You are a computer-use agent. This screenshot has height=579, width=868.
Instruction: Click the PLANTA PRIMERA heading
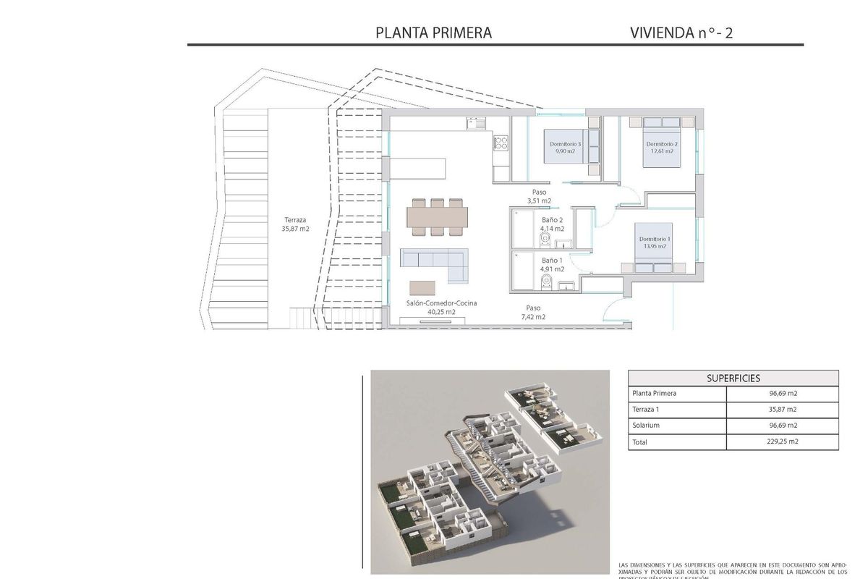[x=434, y=33]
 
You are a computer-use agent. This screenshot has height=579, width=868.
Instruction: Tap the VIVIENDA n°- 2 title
[x=681, y=33]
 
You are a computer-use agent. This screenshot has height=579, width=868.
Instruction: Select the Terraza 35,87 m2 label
[x=295, y=224]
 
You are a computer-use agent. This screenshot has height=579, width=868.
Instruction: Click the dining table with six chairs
[x=437, y=216]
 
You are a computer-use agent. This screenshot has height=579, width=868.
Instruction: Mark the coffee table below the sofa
[x=424, y=287]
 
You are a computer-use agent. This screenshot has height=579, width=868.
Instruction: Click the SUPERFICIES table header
[x=733, y=378]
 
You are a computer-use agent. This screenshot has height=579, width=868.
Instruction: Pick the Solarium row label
[x=646, y=426]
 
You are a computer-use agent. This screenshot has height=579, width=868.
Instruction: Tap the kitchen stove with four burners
[x=501, y=143]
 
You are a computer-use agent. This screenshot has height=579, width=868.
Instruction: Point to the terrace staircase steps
[x=304, y=317]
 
